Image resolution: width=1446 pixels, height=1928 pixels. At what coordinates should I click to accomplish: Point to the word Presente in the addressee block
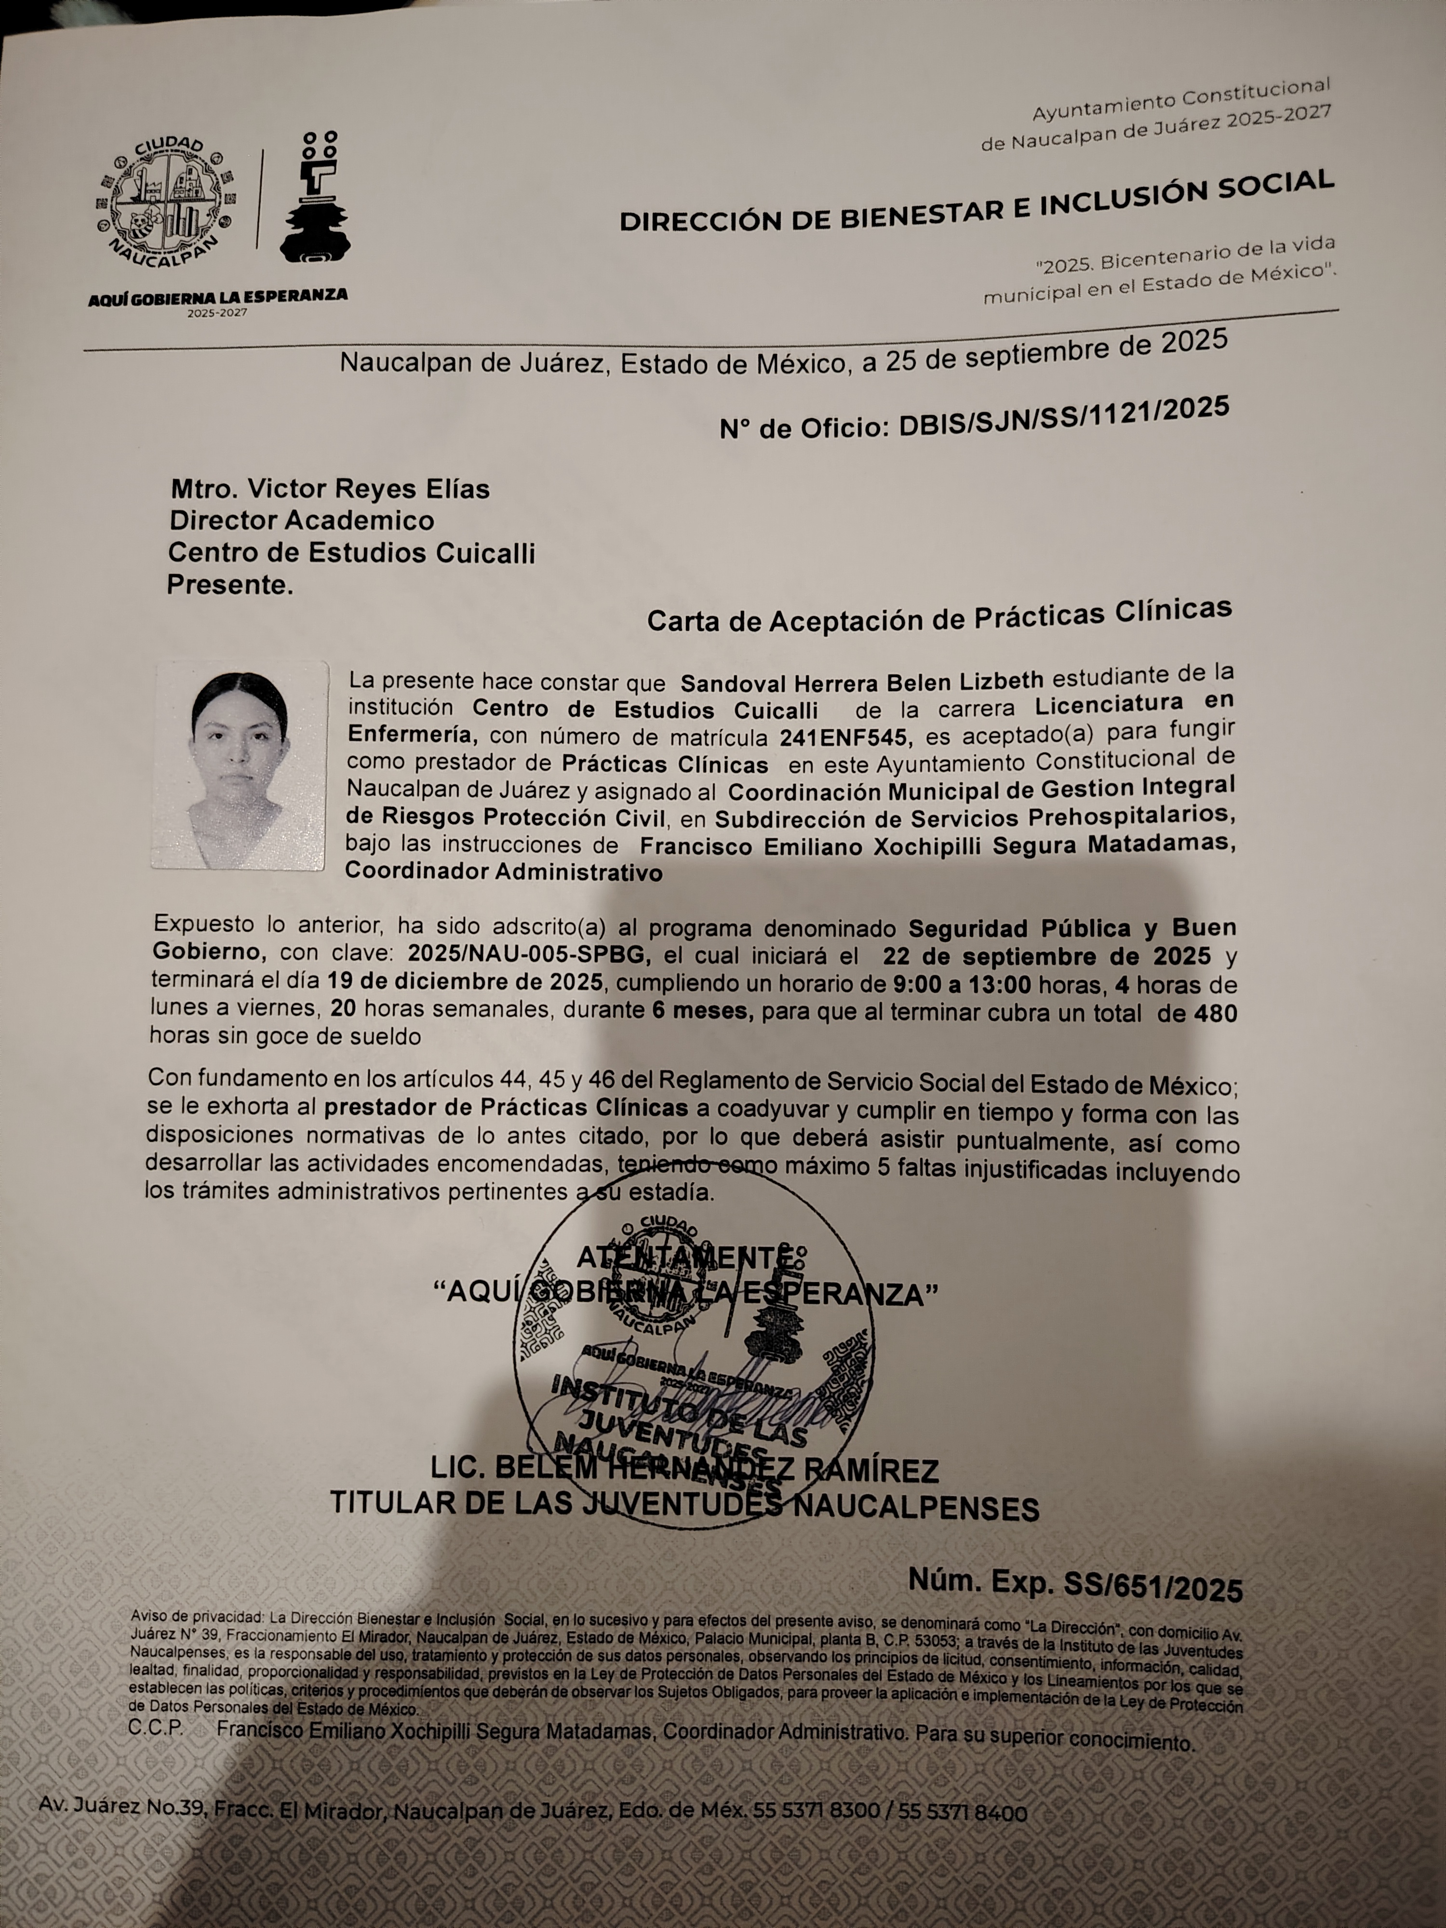(x=229, y=585)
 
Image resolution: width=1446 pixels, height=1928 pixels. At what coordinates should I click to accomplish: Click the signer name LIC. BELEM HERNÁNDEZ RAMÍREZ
(x=684, y=1471)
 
